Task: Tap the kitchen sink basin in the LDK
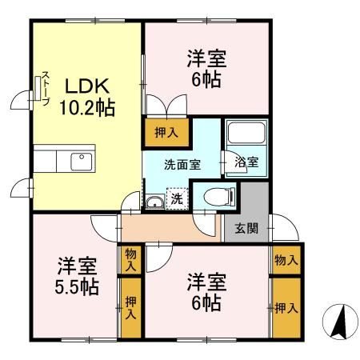pos(82,161)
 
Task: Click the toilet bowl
pos(218,195)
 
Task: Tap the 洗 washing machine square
pos(178,198)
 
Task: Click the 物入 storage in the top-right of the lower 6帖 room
pos(286,259)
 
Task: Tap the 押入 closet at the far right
pos(286,307)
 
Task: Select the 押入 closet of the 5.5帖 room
pos(130,306)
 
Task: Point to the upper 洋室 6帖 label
pos(206,69)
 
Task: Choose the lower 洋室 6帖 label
pos(206,292)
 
